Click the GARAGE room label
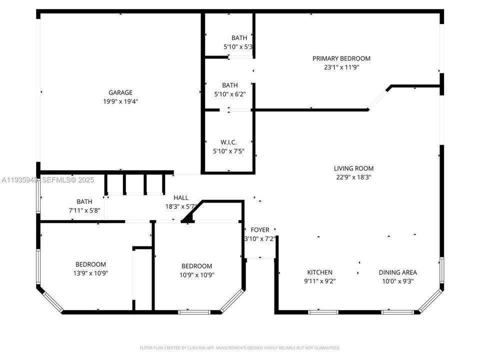click(x=120, y=92)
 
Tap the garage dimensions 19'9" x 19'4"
click(x=120, y=101)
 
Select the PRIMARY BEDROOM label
click(x=341, y=58)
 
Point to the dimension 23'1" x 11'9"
click(x=341, y=67)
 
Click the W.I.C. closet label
click(x=228, y=142)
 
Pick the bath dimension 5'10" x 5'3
click(x=237, y=47)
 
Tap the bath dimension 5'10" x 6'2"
click(x=230, y=94)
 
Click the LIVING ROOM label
click(x=354, y=168)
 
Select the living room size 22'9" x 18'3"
click(x=354, y=177)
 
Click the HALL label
click(x=181, y=197)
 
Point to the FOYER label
click(x=260, y=230)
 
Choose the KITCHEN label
click(x=320, y=272)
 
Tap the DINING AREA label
click(x=398, y=272)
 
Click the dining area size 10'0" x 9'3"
click(x=398, y=281)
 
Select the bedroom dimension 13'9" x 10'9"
click(x=90, y=273)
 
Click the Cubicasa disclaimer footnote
click(x=240, y=347)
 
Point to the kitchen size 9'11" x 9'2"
click(x=320, y=281)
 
